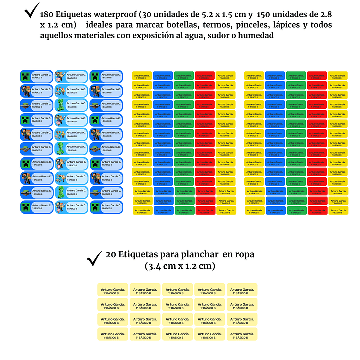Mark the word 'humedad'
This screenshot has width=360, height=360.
(254, 36)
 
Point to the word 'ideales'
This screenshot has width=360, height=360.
(103, 25)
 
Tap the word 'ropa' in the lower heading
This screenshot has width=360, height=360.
(243, 255)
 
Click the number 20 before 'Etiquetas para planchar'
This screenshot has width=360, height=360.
(111, 255)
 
